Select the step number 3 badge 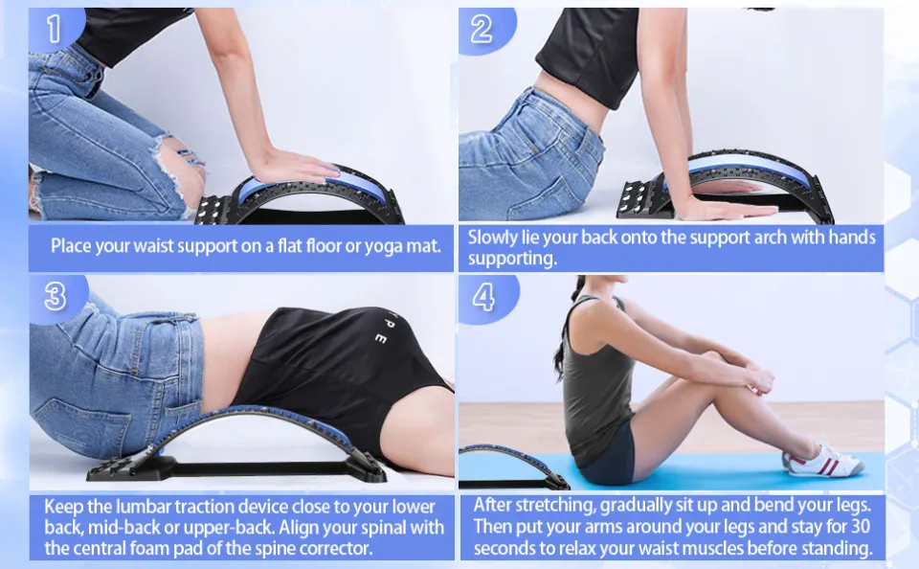56,297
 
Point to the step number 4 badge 484,297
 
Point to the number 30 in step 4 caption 860,526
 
